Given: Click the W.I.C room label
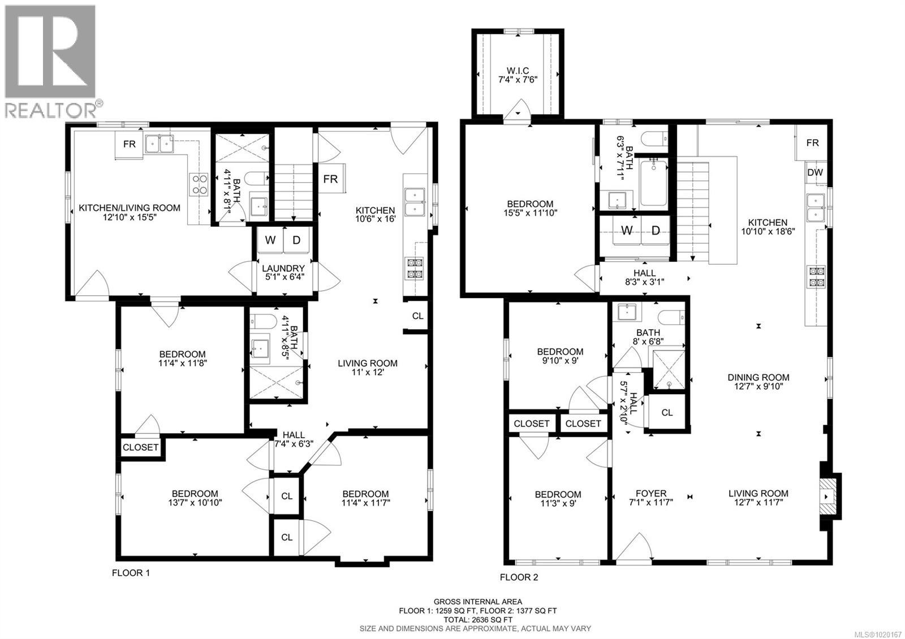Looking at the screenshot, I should point(518,75).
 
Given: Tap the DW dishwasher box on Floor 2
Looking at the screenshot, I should point(815,172).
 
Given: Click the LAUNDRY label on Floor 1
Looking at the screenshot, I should point(285,273).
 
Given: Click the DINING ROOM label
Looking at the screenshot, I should point(758,382).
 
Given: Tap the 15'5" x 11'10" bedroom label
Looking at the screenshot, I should point(530,208).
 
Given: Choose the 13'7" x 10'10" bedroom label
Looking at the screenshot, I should point(195,498).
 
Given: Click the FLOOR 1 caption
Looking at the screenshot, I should point(131,573).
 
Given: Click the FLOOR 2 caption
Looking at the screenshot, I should point(519,577).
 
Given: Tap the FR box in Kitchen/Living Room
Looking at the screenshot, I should point(130,144).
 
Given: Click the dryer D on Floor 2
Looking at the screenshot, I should point(656,230).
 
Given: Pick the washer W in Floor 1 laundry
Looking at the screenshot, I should point(270,240).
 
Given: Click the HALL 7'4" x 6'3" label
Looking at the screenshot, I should point(294,439).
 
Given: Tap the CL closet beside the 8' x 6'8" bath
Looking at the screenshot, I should point(667,413).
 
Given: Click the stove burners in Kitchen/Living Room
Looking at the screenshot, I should point(199,184).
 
